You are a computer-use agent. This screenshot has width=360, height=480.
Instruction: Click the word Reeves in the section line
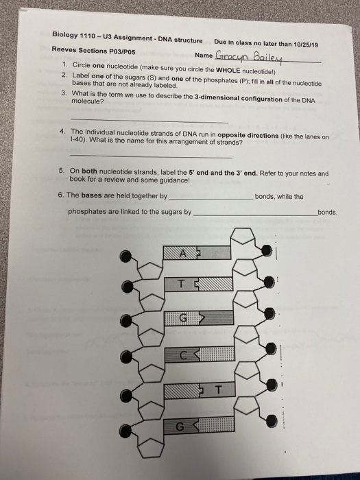click(64, 49)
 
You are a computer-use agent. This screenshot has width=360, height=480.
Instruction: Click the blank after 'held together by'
click(210, 198)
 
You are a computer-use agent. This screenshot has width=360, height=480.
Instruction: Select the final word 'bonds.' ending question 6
click(327, 213)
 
